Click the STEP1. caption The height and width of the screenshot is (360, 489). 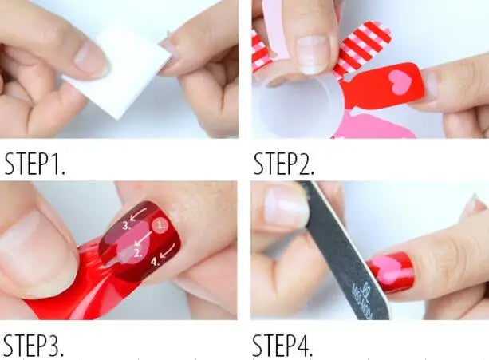[35, 164]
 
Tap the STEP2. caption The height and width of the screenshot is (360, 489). [284, 164]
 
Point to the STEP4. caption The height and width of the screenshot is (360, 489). [283, 345]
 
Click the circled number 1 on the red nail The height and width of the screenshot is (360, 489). [162, 225]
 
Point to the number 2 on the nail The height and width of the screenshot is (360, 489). [137, 253]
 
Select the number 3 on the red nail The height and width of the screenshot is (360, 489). [126, 226]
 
